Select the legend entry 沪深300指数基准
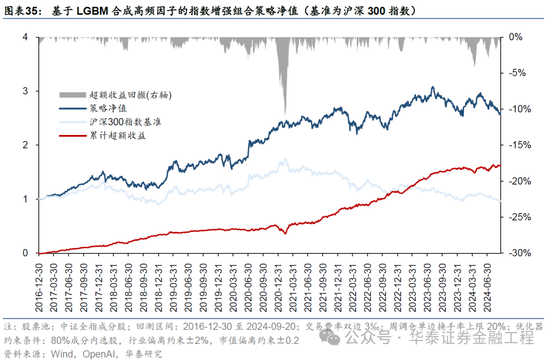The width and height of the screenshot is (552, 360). click(121, 122)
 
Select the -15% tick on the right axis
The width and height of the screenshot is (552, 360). click(517, 145)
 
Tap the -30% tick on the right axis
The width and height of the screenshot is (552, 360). click(517, 253)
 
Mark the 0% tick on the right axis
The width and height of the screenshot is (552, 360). click(515, 37)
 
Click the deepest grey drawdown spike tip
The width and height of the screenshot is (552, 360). click(284, 115)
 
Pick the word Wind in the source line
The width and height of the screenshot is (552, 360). click(55, 353)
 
